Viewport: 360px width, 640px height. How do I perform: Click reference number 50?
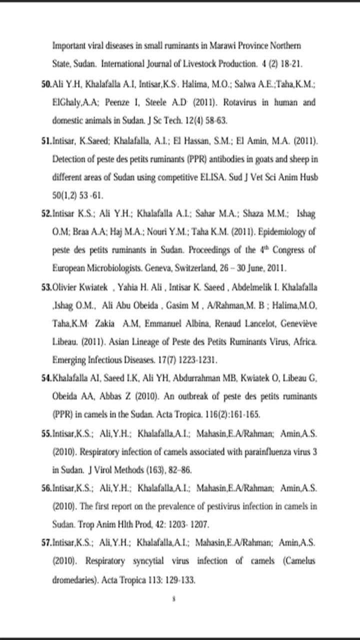tap(46, 84)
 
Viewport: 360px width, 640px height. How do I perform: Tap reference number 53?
tap(46, 287)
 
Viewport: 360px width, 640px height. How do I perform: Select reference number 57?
tap(46, 542)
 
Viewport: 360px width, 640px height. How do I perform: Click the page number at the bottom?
tap(173, 598)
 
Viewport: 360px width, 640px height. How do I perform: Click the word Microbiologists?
tap(109, 267)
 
